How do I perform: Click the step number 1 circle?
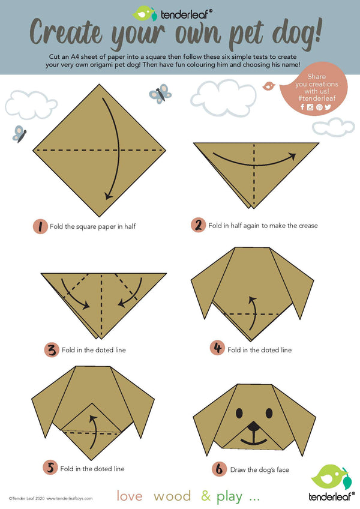coord(40,226)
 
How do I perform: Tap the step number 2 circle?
coord(199,225)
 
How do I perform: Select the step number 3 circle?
coord(52,350)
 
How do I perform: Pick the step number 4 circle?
coord(217,348)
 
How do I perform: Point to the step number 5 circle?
coord(50,468)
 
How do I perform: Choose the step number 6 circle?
coord(220,469)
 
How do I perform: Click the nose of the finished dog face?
coord(254,426)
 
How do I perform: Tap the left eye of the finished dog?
coord(239,413)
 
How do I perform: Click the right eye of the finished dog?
coord(269,413)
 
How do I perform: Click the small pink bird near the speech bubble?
coord(268,86)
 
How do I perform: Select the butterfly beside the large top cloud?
coord(160,94)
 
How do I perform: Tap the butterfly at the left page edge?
coord(19,134)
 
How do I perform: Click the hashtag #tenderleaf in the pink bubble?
coord(317,98)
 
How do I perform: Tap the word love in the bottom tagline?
coord(130,496)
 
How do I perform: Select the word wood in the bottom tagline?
coord(172,496)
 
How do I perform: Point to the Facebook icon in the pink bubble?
coord(302,107)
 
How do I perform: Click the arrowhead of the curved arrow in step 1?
coord(108,196)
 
